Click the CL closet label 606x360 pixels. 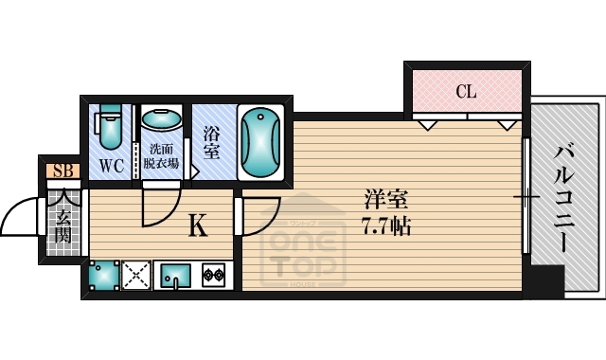[x=465, y=92]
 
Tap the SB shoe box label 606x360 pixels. [x=63, y=171]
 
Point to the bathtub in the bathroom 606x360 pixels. [x=258, y=141]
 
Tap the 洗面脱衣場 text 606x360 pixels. [x=163, y=157]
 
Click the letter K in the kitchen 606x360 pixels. [x=197, y=225]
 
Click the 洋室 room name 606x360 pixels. [x=386, y=203]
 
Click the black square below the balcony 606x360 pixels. [x=546, y=280]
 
